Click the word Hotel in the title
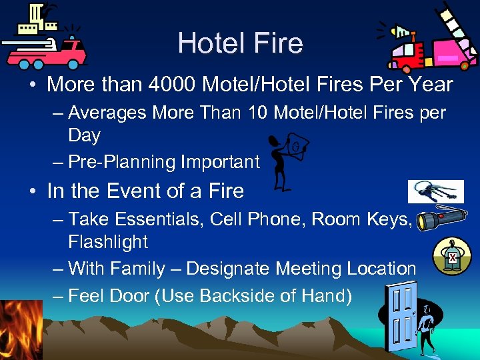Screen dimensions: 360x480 pyautogui.click(x=207, y=43)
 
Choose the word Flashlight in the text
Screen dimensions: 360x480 pyautogui.click(x=108, y=241)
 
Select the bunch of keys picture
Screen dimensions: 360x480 pyautogui.click(x=435, y=191)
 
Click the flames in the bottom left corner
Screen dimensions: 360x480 pyautogui.click(x=20, y=330)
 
